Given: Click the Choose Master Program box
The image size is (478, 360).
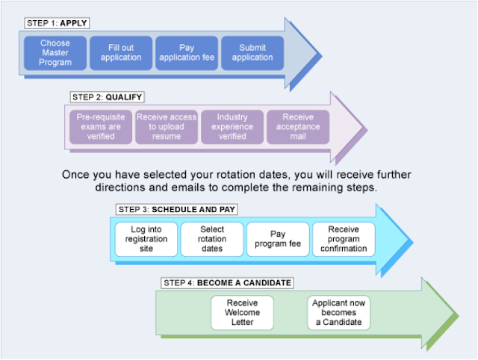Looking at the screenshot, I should (x=55, y=53).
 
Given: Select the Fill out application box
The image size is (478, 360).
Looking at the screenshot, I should (x=121, y=53).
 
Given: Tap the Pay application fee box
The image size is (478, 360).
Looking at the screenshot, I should (x=186, y=53).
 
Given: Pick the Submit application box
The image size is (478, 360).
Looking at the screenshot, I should (x=252, y=53).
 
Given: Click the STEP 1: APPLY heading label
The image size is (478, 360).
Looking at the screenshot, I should (x=57, y=23).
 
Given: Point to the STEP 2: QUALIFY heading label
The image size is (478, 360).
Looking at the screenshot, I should (x=108, y=97).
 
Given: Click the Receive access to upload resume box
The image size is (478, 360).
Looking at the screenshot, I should (x=167, y=127).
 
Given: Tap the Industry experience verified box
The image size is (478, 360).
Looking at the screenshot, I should (x=232, y=127).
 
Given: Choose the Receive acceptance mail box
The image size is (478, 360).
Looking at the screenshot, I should (x=298, y=127).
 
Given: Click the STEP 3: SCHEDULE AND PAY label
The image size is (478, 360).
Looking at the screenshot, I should (x=177, y=209).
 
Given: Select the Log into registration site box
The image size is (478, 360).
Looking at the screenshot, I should (x=146, y=238).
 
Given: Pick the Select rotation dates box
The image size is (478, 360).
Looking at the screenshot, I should (x=212, y=238).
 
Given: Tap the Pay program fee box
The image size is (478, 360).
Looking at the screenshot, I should (x=278, y=238).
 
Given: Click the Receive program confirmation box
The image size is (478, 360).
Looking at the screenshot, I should (x=344, y=238).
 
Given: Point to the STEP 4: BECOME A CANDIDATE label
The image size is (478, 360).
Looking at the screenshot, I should (x=226, y=283).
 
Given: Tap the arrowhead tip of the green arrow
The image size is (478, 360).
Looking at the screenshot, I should (x=457, y=319).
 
